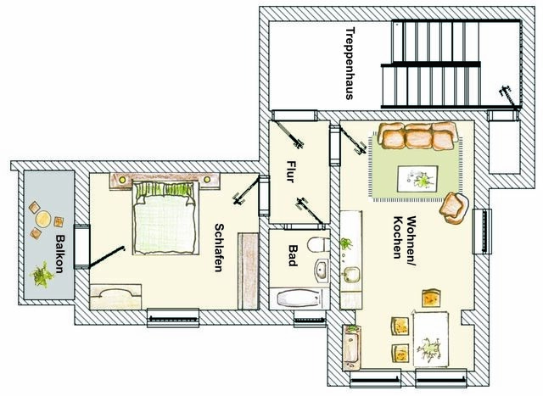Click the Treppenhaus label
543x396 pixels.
pyautogui.click(x=349, y=64)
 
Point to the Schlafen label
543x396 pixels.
pyautogui.click(x=219, y=247)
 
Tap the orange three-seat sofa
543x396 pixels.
pyautogui.click(x=417, y=136)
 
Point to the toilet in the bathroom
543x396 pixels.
pyautogui.click(x=316, y=247)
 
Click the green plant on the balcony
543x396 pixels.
pyautogui.click(x=40, y=275)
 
